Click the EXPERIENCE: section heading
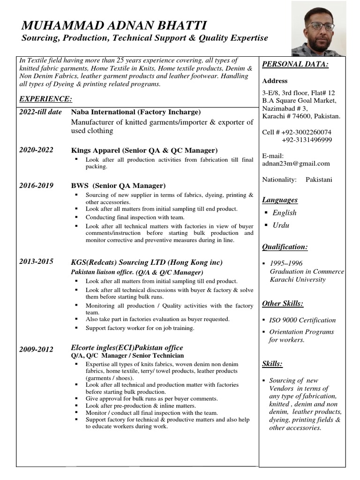(45, 99)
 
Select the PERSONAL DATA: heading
(295, 64)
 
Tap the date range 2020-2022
(37, 150)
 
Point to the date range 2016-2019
(37, 186)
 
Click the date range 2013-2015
(37, 262)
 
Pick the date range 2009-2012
(37, 349)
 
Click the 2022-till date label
(41, 112)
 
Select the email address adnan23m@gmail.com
(296, 164)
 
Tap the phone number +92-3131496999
(307, 140)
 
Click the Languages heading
(280, 200)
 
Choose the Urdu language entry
(281, 225)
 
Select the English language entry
(285, 212)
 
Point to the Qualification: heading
(285, 247)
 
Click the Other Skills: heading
(283, 303)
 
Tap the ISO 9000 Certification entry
(302, 320)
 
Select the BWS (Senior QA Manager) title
(118, 186)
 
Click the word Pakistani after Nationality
(319, 180)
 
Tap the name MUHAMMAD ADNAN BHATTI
(114, 25)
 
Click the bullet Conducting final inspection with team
(135, 217)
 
